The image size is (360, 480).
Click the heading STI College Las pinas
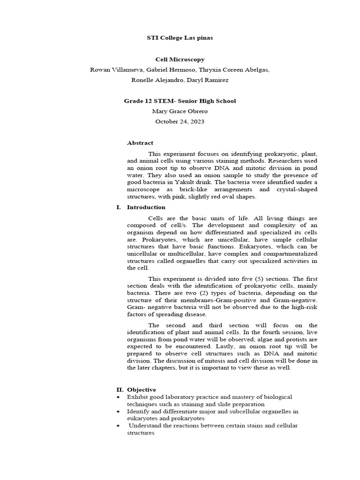(180, 37)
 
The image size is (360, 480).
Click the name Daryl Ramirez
(208, 80)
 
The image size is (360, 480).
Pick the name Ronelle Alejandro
(158, 80)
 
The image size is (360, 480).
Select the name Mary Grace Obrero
(180, 111)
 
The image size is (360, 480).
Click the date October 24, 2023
(180, 121)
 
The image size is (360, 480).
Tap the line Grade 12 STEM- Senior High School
(180, 101)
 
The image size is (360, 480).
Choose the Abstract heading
(140, 143)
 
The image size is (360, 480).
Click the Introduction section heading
(146, 207)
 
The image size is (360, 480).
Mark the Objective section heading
(141, 390)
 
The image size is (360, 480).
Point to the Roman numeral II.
(120, 390)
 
